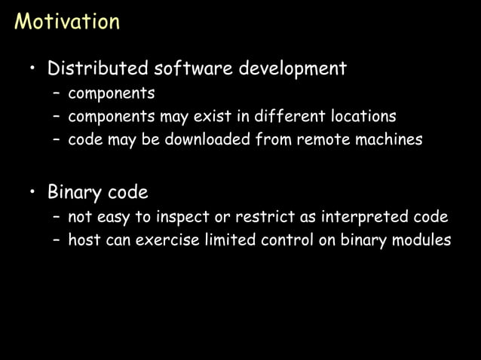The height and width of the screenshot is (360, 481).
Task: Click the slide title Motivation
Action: click(x=67, y=20)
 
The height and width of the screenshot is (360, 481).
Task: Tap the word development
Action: click(x=293, y=69)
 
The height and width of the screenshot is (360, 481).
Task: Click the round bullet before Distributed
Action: click(x=32, y=70)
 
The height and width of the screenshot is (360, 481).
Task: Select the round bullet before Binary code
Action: click(x=32, y=193)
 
